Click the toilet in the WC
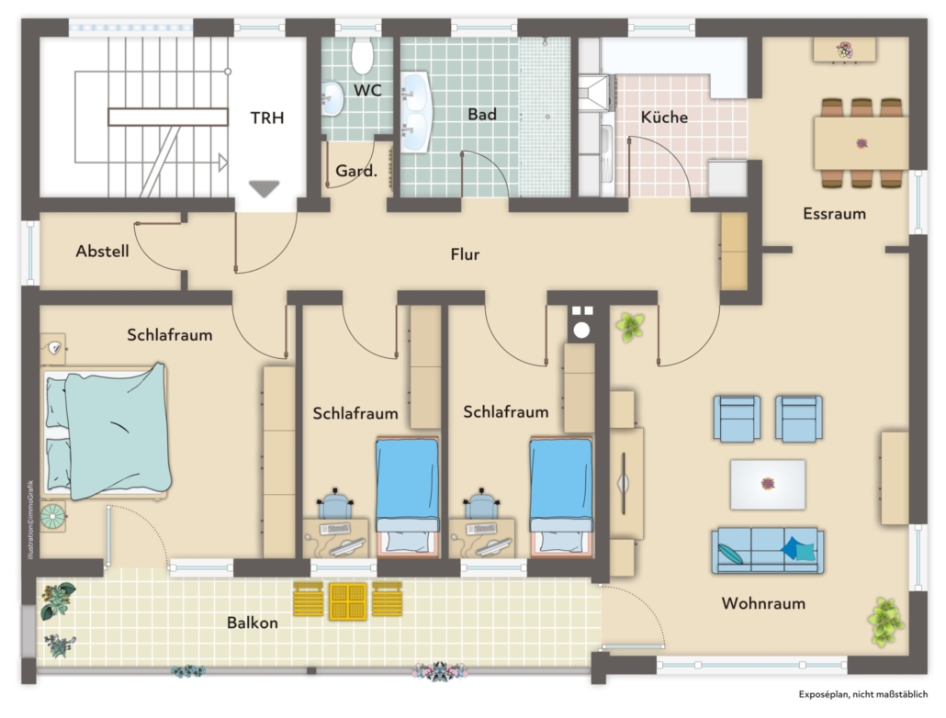tap(363, 55)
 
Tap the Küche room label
tap(664, 117)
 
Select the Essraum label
tap(834, 214)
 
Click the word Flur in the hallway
tap(465, 254)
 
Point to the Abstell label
tap(103, 251)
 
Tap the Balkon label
tap(253, 623)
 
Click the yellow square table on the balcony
tap(348, 601)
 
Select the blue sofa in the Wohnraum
tap(768, 551)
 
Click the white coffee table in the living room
tap(768, 485)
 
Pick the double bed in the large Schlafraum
tap(107, 432)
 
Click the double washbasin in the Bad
tap(414, 112)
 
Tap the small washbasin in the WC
tap(332, 97)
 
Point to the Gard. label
tap(356, 171)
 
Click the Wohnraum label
tap(763, 602)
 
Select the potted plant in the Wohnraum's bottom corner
tap(885, 623)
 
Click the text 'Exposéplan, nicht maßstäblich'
tap(863, 694)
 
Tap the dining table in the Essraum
tap(861, 143)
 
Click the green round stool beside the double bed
tap(53, 517)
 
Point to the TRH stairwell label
tap(267, 118)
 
